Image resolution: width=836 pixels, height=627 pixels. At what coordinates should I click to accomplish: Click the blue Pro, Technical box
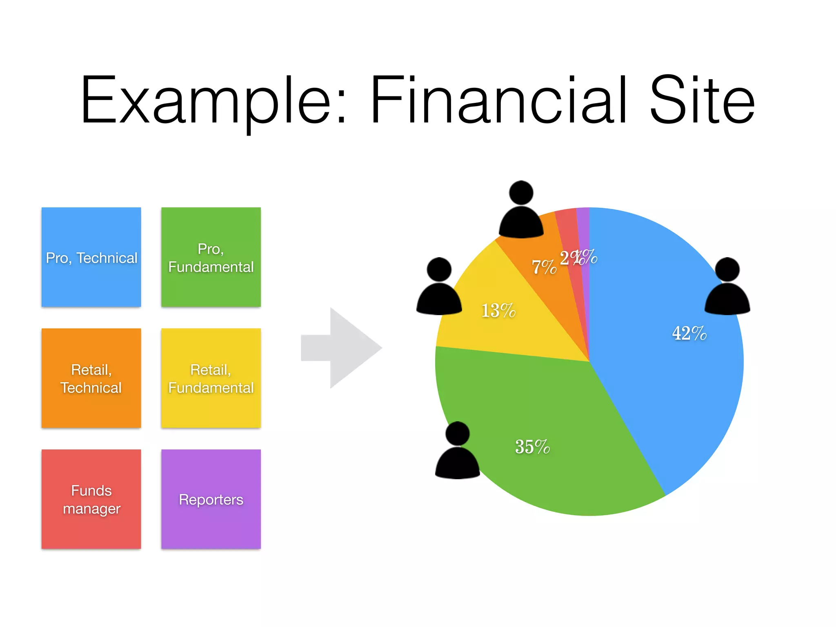(x=91, y=257)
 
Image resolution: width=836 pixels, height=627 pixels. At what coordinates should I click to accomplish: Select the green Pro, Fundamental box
(x=211, y=257)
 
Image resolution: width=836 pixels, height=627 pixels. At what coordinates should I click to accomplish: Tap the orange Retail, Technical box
(x=91, y=378)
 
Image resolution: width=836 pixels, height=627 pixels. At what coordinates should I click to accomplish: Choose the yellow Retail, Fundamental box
(x=211, y=378)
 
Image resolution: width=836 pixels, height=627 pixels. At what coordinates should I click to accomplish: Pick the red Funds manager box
(x=91, y=499)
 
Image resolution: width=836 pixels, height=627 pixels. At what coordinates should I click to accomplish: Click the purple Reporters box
(x=211, y=499)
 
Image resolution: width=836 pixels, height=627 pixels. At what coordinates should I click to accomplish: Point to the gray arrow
(x=343, y=348)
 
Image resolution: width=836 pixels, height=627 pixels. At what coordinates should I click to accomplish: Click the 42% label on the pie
(x=689, y=333)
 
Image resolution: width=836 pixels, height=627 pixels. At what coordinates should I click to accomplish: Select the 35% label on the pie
(x=532, y=447)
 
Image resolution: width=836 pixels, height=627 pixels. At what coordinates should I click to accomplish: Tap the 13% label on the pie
(x=498, y=311)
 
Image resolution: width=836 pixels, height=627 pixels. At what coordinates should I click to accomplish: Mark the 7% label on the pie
(x=544, y=267)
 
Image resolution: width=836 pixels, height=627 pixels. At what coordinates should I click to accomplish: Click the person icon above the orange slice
(x=521, y=210)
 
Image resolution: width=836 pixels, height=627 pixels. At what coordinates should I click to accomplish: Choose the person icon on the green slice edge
(x=458, y=451)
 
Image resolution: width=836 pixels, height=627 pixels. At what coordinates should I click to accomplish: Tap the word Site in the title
(x=702, y=100)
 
